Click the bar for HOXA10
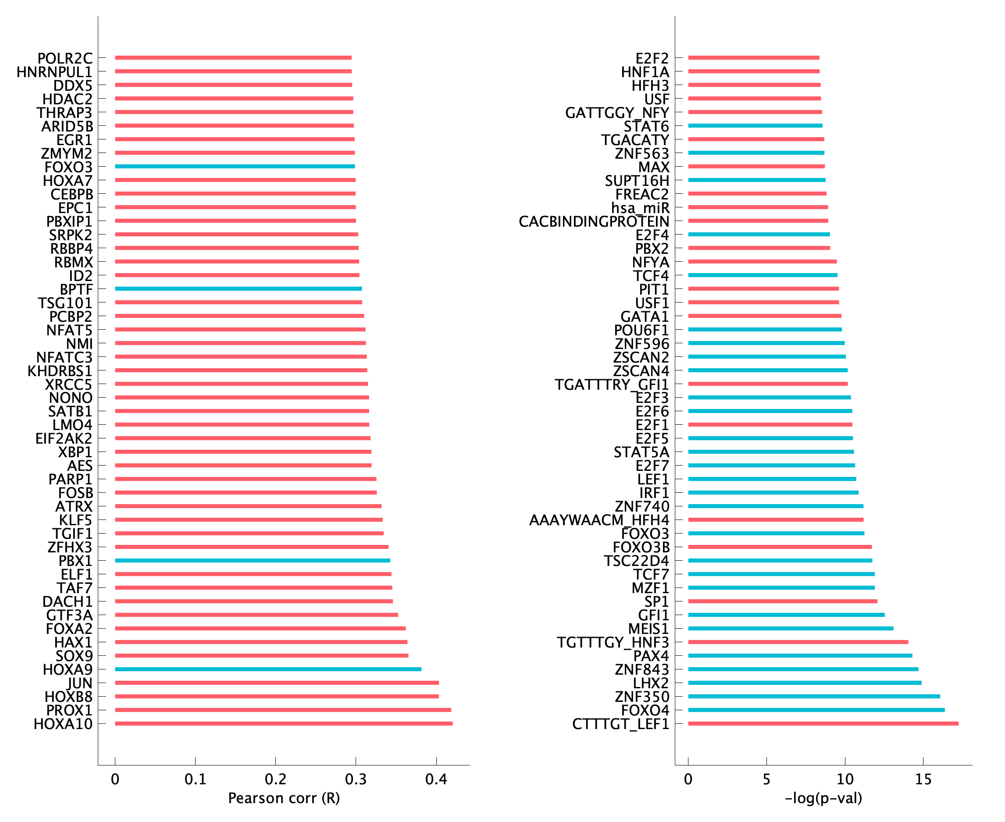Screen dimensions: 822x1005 point(283,723)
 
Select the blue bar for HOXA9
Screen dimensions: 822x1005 point(267,669)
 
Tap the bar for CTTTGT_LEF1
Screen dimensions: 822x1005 point(823,723)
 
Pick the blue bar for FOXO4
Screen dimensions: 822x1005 point(816,710)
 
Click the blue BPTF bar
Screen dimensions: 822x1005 point(238,288)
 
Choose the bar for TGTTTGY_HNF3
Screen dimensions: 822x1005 point(798,642)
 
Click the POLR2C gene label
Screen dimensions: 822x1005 point(65,58)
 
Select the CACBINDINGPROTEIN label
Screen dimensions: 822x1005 point(594,221)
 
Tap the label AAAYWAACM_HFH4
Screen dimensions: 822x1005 point(599,520)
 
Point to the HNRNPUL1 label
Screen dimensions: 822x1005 point(54,72)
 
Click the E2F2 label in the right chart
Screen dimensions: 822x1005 point(652,58)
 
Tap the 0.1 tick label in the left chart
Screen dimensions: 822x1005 point(195,779)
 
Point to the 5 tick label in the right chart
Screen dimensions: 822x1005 point(766,779)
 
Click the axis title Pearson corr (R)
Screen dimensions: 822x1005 point(284,798)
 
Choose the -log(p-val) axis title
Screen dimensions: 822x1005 point(823,798)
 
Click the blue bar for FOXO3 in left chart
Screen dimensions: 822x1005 point(235,166)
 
